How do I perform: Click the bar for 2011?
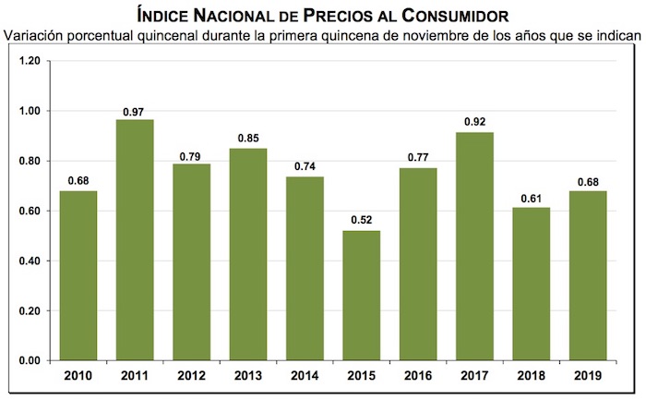135,240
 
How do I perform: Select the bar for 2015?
362,296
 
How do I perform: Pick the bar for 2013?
248,254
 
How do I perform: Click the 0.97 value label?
135,112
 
